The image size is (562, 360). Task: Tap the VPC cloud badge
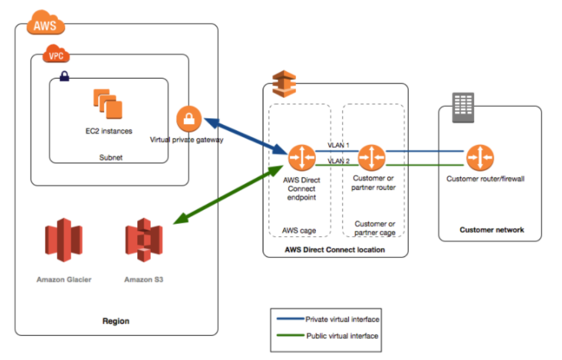[x=57, y=57]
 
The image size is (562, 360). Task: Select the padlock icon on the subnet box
[x=64, y=77]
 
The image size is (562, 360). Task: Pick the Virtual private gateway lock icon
[x=189, y=120]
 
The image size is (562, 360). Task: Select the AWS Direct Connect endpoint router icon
[x=302, y=158]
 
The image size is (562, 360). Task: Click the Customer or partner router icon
[x=372, y=158]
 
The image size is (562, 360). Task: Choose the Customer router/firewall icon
[x=480, y=158]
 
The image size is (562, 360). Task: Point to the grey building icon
[x=463, y=107]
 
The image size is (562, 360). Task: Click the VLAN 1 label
[x=339, y=146]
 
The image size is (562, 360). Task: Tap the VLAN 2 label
[x=339, y=161]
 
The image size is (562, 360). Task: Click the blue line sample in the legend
[x=289, y=319]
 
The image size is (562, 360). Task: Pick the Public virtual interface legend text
[x=342, y=336]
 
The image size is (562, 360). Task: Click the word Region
[x=115, y=321]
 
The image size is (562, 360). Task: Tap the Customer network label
[x=491, y=230]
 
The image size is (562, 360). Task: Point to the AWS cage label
[x=299, y=230]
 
